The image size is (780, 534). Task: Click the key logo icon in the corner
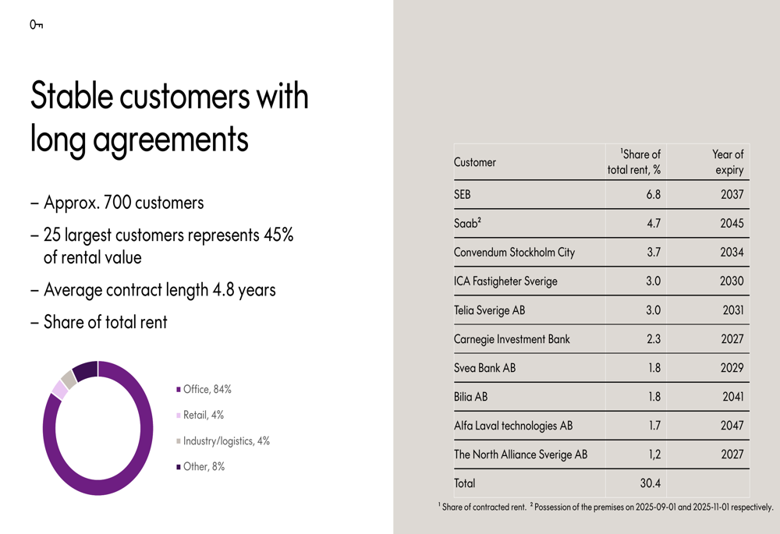click(x=36, y=25)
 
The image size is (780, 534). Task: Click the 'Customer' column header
click(x=475, y=162)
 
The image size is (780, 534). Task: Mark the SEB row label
click(x=463, y=195)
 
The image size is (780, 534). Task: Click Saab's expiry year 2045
click(x=732, y=224)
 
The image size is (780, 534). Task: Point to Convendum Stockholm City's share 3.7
click(x=653, y=253)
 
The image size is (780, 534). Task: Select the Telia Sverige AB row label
click(x=489, y=310)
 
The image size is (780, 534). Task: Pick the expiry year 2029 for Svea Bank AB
click(x=732, y=368)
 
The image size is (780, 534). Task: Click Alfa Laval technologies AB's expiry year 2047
click(x=732, y=426)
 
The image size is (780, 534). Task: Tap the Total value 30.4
click(x=650, y=483)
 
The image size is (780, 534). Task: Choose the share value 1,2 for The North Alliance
click(x=653, y=454)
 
